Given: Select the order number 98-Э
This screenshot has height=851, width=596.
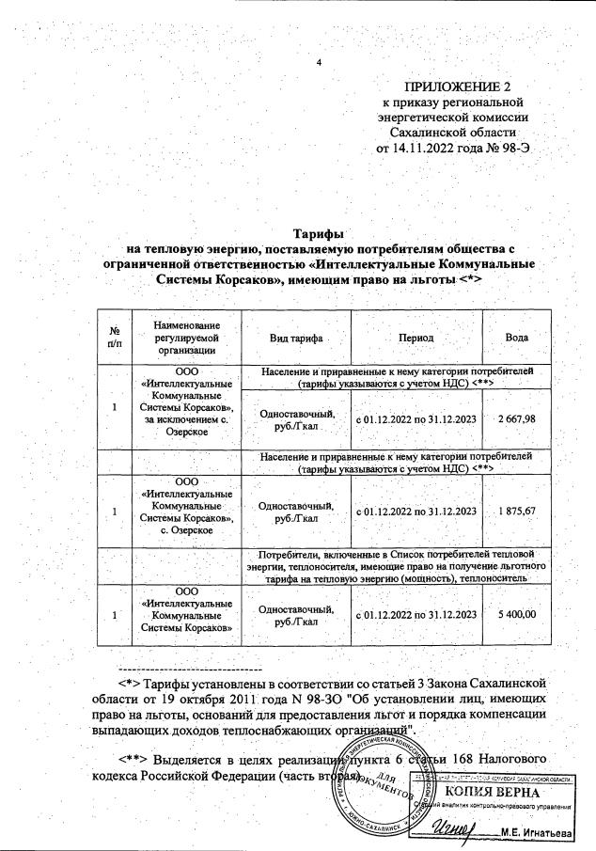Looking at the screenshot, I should coord(519,148).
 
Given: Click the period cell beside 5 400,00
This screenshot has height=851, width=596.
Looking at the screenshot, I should coord(416,614).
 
